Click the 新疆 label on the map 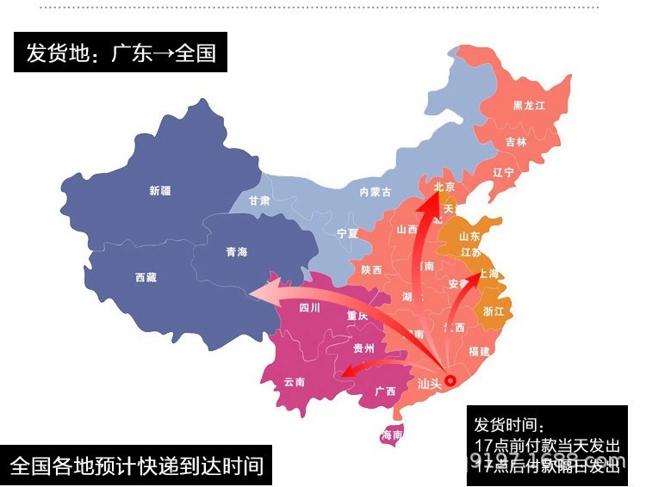pos(160,191)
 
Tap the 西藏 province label pos(146,277)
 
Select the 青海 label pos(236,252)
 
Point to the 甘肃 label pos(258,200)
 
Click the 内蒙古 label pos(375,193)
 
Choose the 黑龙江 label pos(529,106)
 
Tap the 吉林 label pos(516,142)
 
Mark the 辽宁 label pos(503,173)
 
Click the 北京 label pos(444,187)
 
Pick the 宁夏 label pos(347,233)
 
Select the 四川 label pos(309,307)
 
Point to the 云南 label pos(295,382)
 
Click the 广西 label pos(385,391)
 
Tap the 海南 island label pos(391,435)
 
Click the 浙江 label pos(494,311)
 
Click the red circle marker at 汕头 pos(450,379)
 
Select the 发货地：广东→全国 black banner pos(121,53)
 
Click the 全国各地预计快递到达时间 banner pos(136,466)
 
